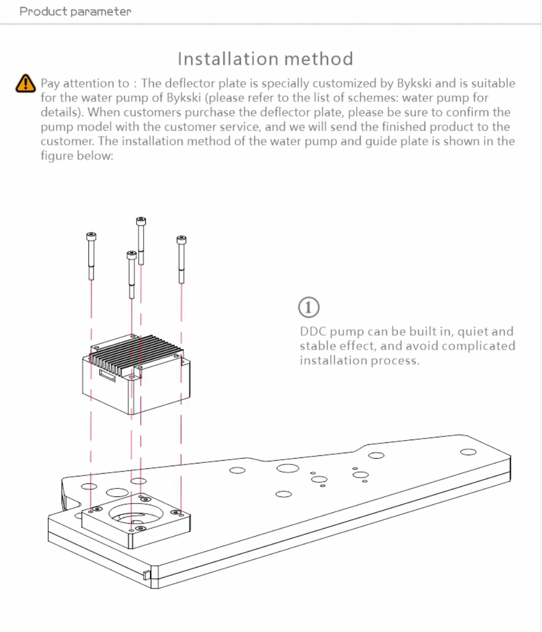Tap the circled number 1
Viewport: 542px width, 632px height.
[x=309, y=307]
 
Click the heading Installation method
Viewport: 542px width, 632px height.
[x=265, y=59]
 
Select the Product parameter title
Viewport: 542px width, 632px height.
[x=75, y=11]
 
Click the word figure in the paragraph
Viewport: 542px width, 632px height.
[x=56, y=156]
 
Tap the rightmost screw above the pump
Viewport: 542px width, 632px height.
[x=181, y=259]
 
